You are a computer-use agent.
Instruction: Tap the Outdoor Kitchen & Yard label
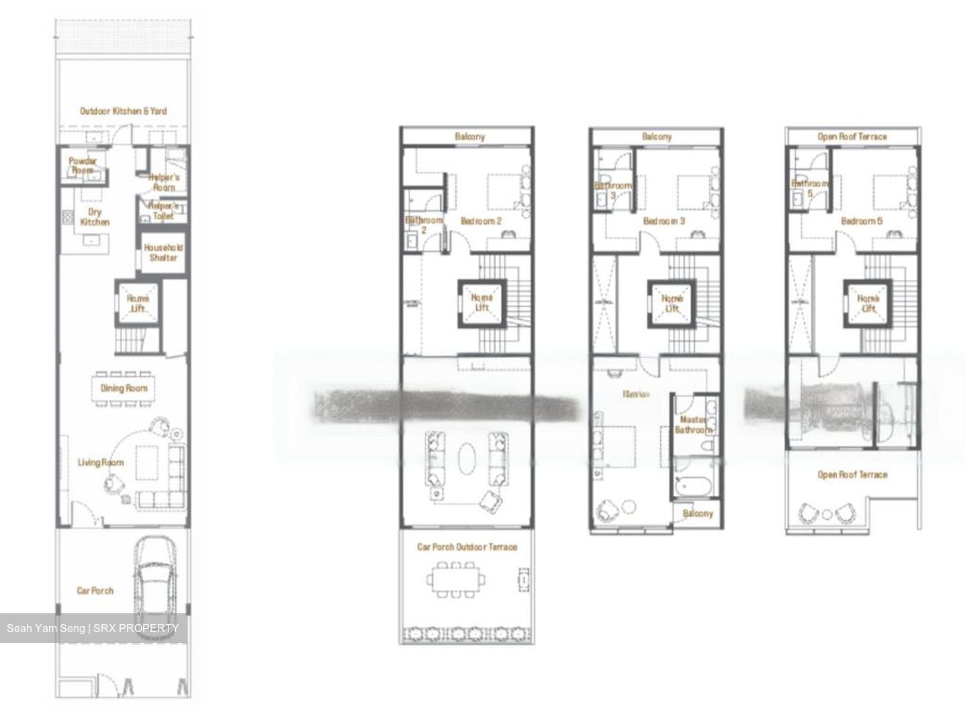click(123, 111)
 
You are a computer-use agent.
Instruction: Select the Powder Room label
click(83, 166)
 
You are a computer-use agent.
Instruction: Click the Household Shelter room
click(163, 253)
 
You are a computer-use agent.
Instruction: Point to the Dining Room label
click(124, 388)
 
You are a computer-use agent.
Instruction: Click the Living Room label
click(101, 463)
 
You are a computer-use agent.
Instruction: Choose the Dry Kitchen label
click(95, 217)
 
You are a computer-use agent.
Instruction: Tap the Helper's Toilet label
click(163, 211)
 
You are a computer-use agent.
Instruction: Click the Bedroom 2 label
click(481, 221)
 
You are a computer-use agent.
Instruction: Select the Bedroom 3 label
click(663, 221)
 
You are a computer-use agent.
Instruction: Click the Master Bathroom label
click(692, 425)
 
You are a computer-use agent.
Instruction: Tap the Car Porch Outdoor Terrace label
click(467, 547)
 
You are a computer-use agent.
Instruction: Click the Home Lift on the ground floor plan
click(138, 304)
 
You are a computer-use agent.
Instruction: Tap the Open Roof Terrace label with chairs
click(851, 475)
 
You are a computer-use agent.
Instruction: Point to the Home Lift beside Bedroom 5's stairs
click(868, 304)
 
